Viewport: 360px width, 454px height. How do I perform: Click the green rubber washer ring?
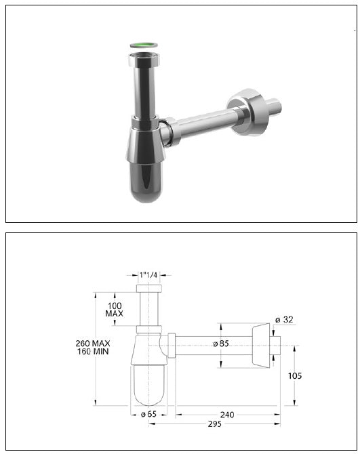(143, 46)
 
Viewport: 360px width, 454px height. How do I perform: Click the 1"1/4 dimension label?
(149, 276)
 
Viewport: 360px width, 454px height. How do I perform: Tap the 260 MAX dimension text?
(94, 344)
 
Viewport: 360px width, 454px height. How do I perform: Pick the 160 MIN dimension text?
(94, 352)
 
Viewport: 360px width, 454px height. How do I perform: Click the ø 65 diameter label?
(149, 415)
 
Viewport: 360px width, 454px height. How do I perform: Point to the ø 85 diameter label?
(220, 344)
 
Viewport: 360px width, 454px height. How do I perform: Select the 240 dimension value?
(228, 415)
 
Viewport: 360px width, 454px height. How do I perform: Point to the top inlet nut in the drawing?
(149, 289)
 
